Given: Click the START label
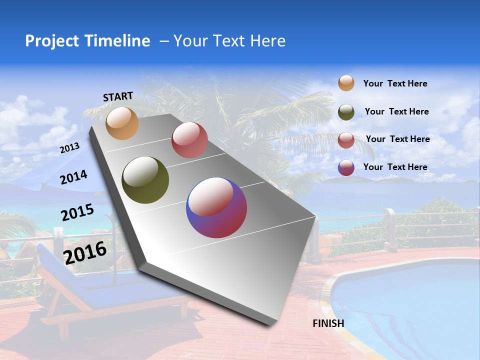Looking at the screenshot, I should coord(118,96).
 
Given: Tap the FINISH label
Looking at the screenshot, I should coord(328,323).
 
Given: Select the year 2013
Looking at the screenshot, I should coord(69,148).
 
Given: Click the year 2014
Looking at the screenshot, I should coord(73,177).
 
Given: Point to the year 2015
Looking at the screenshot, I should coord(77,212).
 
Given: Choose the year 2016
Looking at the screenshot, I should coord(85,252).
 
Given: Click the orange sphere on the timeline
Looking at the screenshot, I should coord(122,123).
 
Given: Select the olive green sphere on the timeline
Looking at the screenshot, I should coord(145,180).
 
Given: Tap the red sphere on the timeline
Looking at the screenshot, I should coord(189,140).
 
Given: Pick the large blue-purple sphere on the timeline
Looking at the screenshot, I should coord(216,207).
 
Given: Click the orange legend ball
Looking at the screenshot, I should coord(346,83).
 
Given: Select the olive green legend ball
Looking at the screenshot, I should coord(346,112).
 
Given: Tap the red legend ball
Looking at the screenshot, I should coord(346,140).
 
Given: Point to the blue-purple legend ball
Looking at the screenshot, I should coord(346,167).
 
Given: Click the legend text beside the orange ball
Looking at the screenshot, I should coord(395,83).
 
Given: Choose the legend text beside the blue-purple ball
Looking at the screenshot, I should coord(395,167).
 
